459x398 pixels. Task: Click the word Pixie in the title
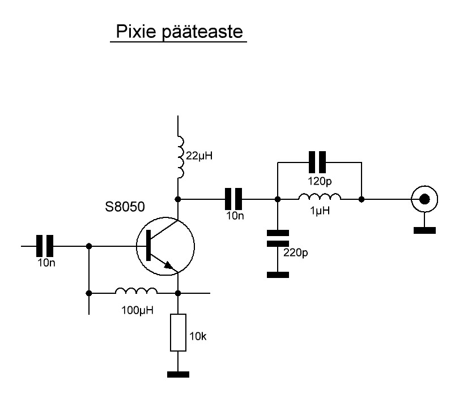pos(136,31)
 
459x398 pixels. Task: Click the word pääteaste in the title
pos(202,32)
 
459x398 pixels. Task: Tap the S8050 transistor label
pos(125,207)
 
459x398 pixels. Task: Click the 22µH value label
pos(199,156)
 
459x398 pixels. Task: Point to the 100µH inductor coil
pos(136,290)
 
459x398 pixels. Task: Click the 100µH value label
pos(137,310)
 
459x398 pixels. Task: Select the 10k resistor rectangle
pos(178,332)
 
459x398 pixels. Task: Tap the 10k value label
pos(198,337)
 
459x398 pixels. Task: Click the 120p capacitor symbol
pos(317,162)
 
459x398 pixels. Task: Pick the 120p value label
pos(320,181)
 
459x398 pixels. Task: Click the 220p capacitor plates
pos(278,238)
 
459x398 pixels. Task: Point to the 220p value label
pos(295,253)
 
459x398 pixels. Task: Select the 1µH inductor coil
pos(320,196)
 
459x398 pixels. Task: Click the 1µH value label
pos(320,211)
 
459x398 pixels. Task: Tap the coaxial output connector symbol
pos(424,199)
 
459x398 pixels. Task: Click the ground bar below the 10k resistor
pos(178,374)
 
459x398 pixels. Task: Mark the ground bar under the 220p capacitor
pos(278,275)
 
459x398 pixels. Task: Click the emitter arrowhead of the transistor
pos(169,265)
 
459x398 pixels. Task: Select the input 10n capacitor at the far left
pos(45,246)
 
